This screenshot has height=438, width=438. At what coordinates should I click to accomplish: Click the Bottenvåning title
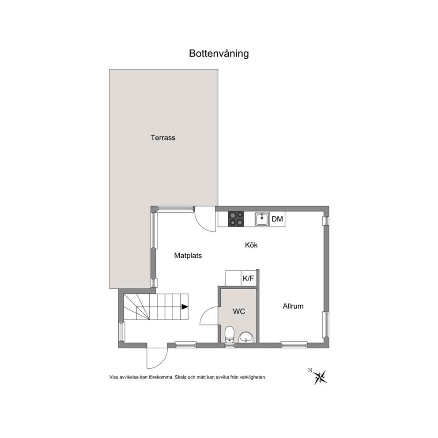(219, 53)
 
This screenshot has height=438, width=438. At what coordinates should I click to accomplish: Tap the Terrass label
(163, 138)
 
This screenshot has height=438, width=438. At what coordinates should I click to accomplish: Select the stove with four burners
(236, 219)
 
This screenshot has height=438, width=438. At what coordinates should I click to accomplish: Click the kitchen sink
(262, 219)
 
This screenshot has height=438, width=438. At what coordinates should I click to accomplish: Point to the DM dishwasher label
(277, 219)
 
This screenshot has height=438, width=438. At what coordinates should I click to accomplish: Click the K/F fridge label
(248, 278)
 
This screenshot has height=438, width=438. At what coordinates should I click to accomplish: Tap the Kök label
(251, 245)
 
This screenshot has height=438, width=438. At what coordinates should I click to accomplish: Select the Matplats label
(188, 256)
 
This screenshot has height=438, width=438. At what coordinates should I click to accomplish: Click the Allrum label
(293, 306)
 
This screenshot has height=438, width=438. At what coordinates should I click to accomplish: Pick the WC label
(239, 311)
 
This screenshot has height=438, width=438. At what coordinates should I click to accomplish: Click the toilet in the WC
(229, 334)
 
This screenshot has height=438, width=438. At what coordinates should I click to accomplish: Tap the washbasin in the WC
(246, 337)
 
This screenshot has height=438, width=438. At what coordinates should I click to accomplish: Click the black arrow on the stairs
(185, 307)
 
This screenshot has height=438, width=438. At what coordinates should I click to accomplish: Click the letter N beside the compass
(310, 370)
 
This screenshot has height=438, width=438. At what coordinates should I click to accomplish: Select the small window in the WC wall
(230, 345)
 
